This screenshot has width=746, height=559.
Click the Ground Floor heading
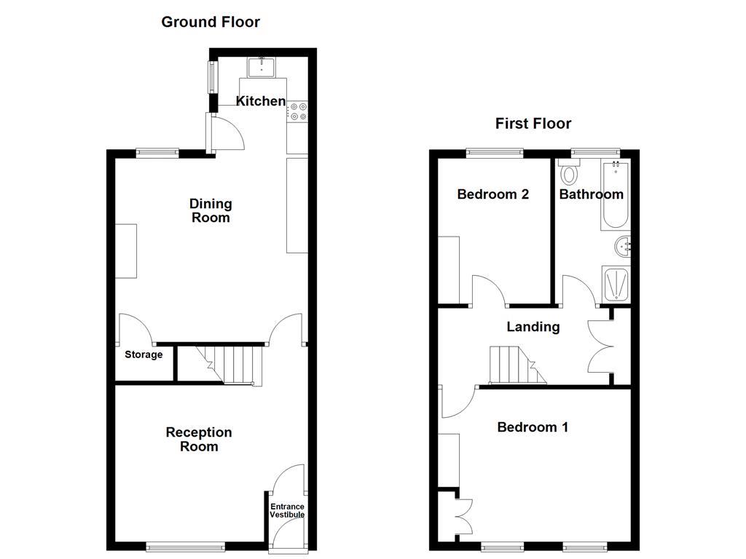pos(210,22)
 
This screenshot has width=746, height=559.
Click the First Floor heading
pos(533,124)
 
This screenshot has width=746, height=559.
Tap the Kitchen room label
pos(261,101)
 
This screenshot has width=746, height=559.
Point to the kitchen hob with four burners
pos(298,111)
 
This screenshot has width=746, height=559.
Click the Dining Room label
pos(211,210)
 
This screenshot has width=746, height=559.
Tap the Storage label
pos(144,355)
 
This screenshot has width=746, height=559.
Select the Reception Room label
pos(199,440)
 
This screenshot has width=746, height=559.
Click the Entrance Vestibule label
pos(287,510)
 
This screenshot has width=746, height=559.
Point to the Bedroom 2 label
pos(492,194)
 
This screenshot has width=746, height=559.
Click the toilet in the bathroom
pos(569,174)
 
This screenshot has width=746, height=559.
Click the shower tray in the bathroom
pos(616,284)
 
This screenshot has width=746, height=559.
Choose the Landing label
pos(533,327)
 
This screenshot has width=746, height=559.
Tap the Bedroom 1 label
pos(533,427)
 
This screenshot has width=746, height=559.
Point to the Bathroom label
pos(591,194)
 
